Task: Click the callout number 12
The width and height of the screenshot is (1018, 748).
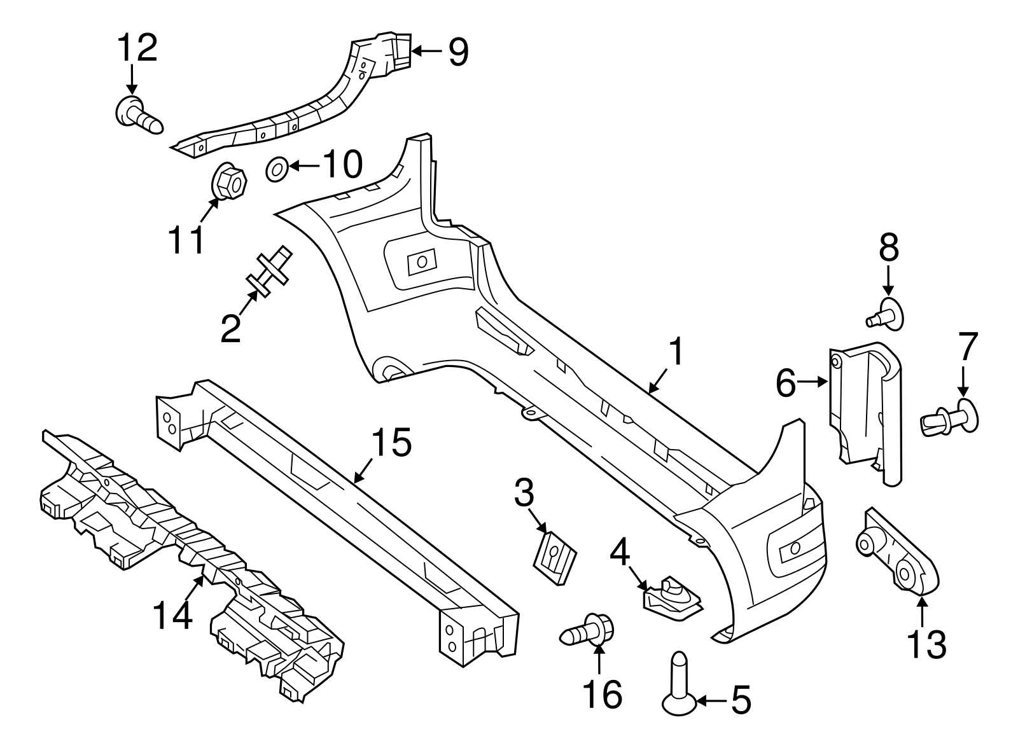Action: click(137, 48)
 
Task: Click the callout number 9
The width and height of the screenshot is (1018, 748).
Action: click(458, 52)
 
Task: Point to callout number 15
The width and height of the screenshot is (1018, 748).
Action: click(391, 443)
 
